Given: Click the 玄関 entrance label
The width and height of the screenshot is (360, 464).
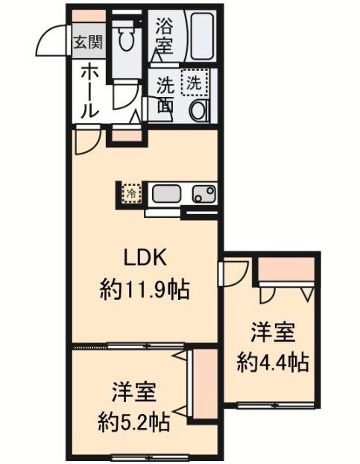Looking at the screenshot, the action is [88, 43].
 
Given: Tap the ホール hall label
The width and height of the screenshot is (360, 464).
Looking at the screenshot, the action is [89, 92].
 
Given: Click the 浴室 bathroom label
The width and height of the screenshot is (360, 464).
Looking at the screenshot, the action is [164, 36].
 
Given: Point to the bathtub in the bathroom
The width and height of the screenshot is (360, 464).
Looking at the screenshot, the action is [202, 36].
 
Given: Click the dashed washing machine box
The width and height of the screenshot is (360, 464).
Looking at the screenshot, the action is [195, 83].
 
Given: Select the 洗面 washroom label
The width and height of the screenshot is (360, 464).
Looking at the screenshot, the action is [165, 95].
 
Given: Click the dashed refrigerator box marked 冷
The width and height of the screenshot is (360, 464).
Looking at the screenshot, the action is [132, 193].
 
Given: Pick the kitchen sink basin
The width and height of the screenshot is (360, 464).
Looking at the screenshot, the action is [165, 194].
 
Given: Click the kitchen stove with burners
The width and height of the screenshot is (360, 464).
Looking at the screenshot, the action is [204, 194].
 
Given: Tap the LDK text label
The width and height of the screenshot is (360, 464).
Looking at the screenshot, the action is [145, 258].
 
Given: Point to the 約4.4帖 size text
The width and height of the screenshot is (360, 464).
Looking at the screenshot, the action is [272, 363].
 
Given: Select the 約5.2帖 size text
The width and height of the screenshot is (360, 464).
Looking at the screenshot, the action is [134, 422].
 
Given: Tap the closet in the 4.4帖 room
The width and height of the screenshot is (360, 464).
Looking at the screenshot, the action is [285, 269].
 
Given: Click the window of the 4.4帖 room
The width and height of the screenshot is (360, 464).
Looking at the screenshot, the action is [276, 404].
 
